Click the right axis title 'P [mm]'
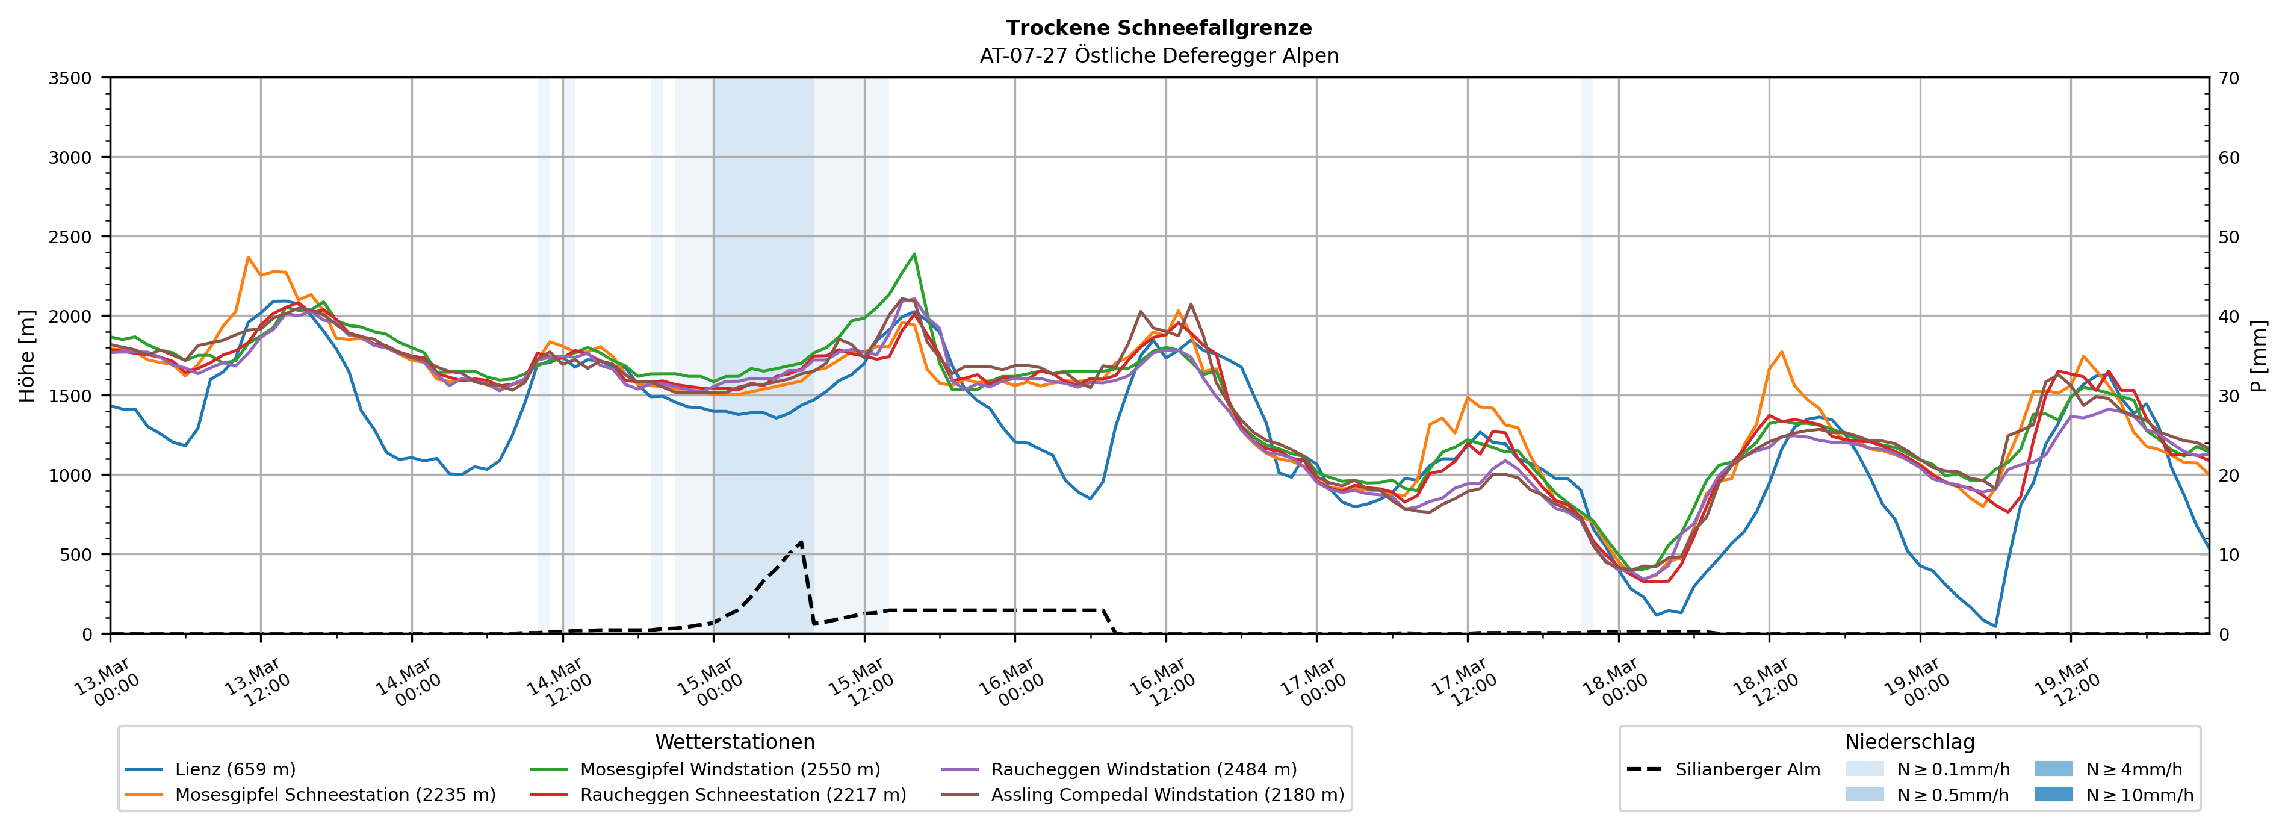pos(2259,355)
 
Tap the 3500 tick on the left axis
pos(70,78)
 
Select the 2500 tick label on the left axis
pos(70,237)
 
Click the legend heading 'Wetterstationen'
pos(734,742)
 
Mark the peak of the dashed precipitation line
pos(801,541)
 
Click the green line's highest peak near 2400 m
pos(914,254)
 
